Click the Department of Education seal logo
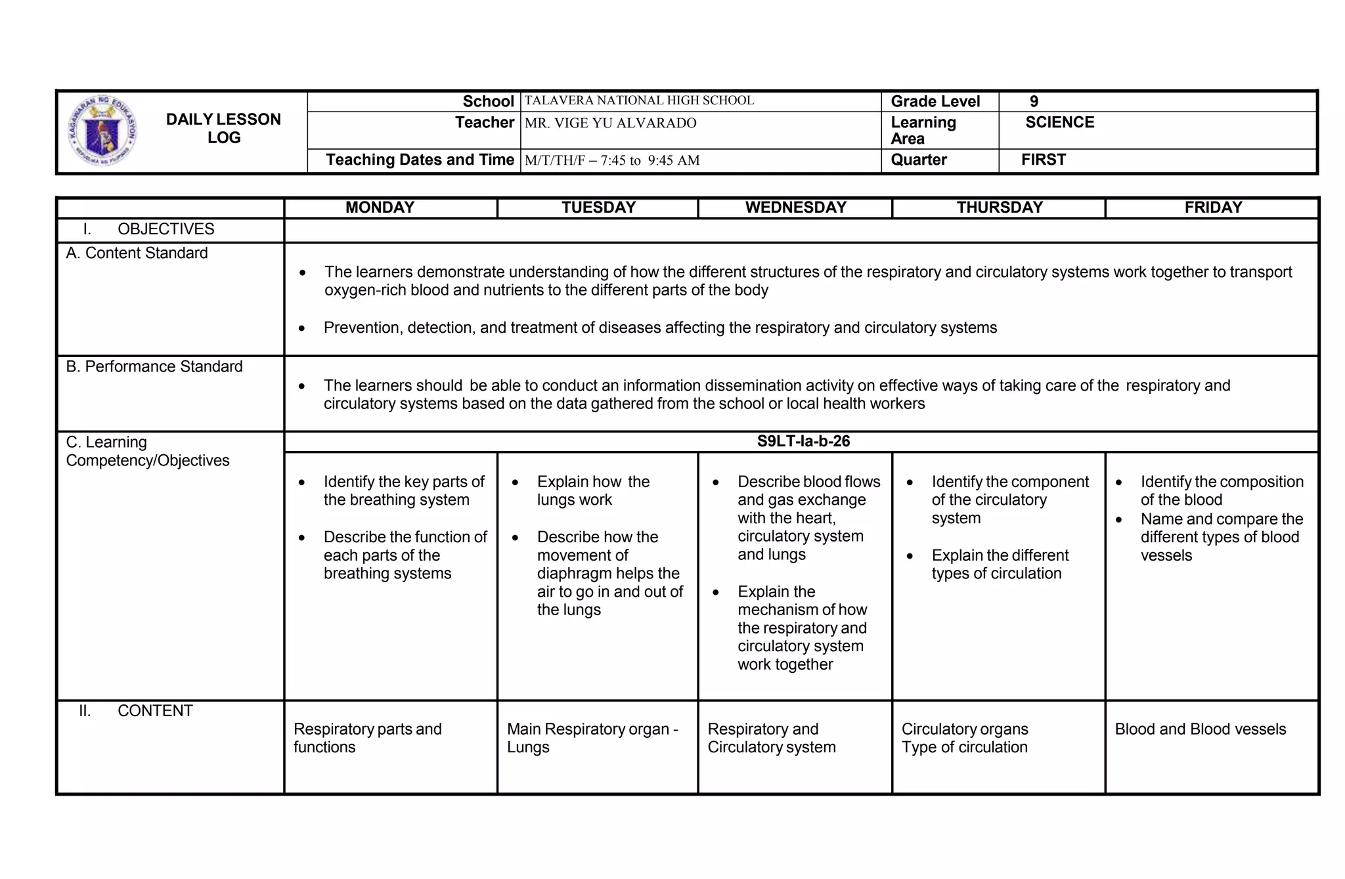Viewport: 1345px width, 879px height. click(103, 131)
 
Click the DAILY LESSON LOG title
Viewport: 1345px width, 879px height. click(223, 129)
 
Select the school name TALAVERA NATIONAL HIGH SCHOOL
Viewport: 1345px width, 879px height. click(639, 101)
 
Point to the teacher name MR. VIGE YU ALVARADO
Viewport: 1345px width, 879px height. click(610, 123)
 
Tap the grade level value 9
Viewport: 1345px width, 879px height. click(1034, 102)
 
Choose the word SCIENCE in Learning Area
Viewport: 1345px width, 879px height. click(1059, 123)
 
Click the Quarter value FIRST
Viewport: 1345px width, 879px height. click(1043, 160)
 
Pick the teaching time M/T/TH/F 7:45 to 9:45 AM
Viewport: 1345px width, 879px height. click(611, 161)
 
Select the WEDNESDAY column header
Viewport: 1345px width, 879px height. click(795, 207)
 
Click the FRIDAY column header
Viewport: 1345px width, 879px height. click(1213, 207)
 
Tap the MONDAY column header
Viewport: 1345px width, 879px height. click(380, 207)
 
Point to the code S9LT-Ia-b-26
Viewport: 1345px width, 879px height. click(803, 441)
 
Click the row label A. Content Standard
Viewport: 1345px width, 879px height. click(137, 253)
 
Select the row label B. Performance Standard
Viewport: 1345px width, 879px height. click(154, 367)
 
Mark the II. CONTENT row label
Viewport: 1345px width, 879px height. click(136, 711)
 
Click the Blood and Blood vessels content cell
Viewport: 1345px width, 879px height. click(1200, 729)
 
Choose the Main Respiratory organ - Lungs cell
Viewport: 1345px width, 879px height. click(592, 738)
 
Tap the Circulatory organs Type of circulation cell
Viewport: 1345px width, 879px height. click(964, 738)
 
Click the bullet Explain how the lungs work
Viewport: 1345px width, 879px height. click(592, 491)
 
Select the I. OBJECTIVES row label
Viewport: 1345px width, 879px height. click(148, 229)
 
